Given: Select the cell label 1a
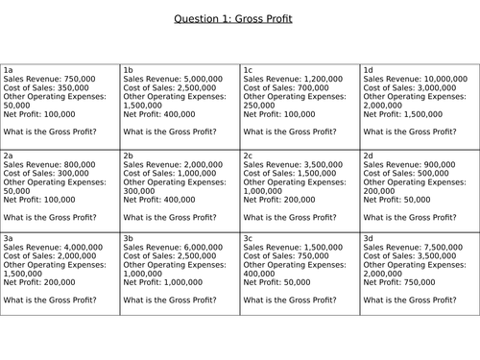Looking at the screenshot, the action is coord(8,70).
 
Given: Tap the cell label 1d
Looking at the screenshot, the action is coord(368,70).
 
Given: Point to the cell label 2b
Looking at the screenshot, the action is coord(128,155).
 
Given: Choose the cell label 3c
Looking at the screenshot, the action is coord(248,237).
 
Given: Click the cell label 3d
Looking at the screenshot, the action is coord(368,237).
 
